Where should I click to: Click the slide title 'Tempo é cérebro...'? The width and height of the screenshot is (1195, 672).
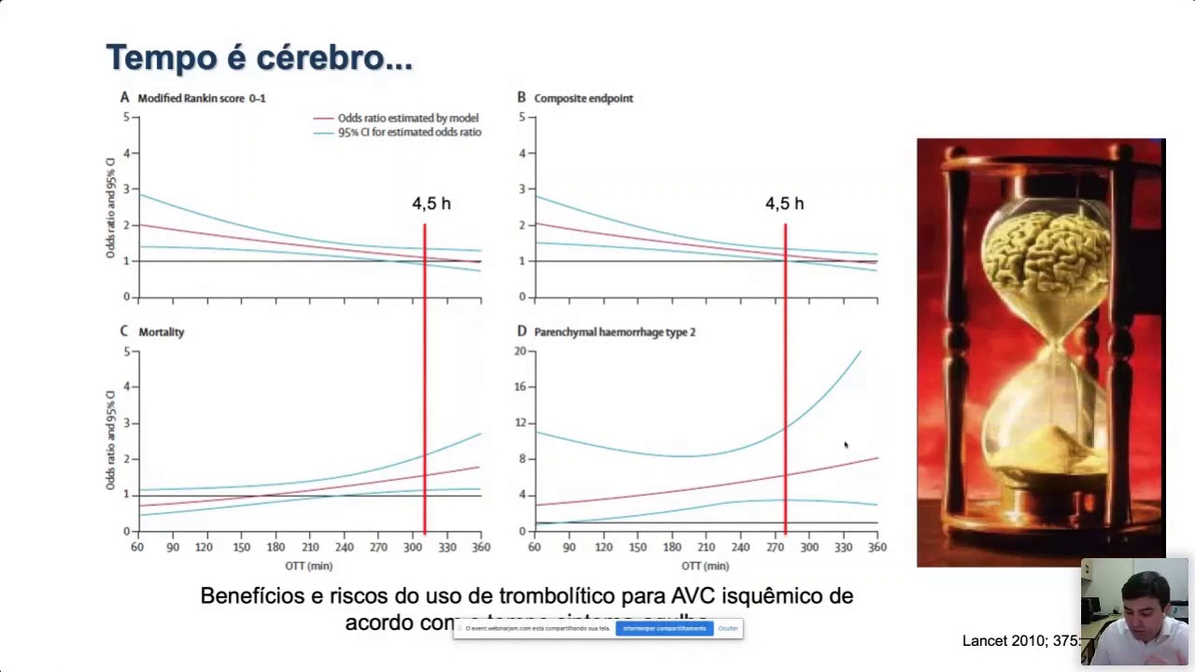pyautogui.click(x=259, y=58)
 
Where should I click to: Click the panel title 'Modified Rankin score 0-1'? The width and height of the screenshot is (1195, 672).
pyautogui.click(x=201, y=98)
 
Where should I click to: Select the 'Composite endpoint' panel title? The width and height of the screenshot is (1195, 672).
pyautogui.click(x=583, y=98)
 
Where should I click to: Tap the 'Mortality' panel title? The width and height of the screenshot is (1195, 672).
pyautogui.click(x=161, y=332)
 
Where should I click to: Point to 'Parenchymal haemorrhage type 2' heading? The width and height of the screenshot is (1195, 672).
pyautogui.click(x=613, y=332)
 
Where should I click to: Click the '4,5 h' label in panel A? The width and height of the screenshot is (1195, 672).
pyautogui.click(x=431, y=203)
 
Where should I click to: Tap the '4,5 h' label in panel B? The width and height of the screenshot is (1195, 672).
pyautogui.click(x=784, y=203)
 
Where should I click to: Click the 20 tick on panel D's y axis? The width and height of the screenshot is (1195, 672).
pyautogui.click(x=520, y=351)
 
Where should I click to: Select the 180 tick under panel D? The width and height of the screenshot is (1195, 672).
pyautogui.click(x=672, y=547)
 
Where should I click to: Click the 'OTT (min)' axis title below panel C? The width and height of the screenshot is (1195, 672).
pyautogui.click(x=309, y=566)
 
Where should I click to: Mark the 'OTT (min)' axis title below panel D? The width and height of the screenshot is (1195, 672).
pyautogui.click(x=705, y=566)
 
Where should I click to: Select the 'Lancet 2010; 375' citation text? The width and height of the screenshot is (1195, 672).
pyautogui.click(x=1020, y=641)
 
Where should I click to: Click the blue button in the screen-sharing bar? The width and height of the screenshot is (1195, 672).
pyautogui.click(x=664, y=628)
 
